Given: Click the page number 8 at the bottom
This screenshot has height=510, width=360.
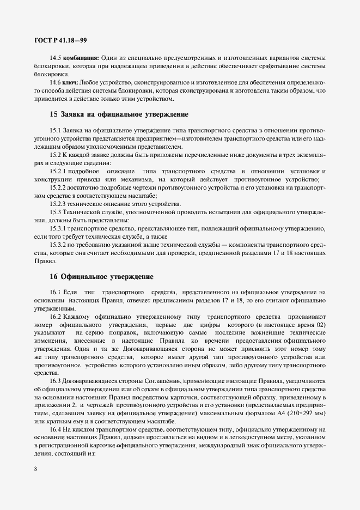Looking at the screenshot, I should point(35,467).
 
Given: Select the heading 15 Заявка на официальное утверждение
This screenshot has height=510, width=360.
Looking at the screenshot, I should point(119,115).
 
